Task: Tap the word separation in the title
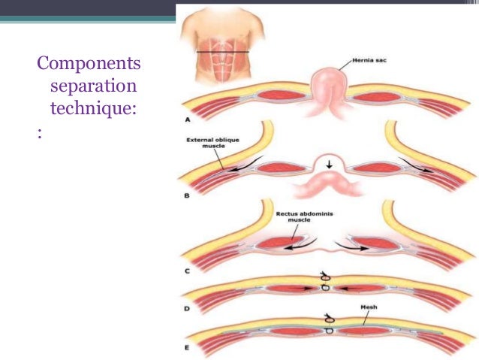tap(93, 86)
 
